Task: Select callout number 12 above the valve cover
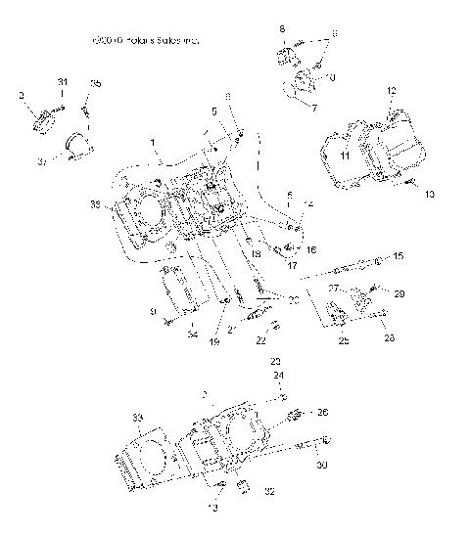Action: point(391,90)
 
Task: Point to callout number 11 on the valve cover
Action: point(344,155)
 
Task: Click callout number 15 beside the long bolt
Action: point(398,256)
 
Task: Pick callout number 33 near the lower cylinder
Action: point(135,417)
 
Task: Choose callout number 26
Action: point(322,412)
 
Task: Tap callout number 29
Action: point(399,293)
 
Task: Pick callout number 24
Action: point(277,376)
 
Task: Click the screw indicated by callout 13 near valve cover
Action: point(411,182)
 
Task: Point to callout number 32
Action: point(269,492)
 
